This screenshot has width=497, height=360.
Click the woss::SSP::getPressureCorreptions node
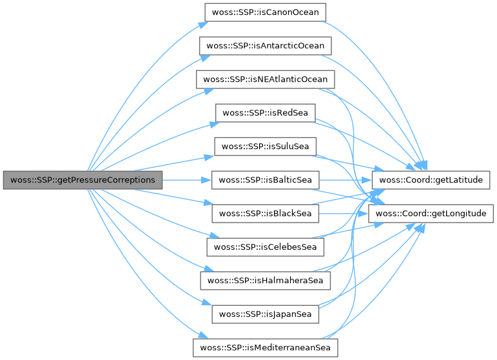pos(83,180)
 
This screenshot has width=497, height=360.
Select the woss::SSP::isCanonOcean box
pos(266,12)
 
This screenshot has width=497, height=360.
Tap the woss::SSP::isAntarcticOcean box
pos(266,46)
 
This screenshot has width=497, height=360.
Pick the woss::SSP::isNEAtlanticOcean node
pos(266,79)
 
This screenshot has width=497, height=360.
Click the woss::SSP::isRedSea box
pos(266,113)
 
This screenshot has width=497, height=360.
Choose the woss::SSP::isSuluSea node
pos(266,146)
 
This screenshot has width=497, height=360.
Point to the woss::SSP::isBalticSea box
pos(266,180)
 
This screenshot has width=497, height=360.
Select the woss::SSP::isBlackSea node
pos(266,214)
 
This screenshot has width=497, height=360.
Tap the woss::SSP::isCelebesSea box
pos(266,247)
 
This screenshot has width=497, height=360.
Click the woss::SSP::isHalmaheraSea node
pos(266,281)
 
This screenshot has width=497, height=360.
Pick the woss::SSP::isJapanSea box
pos(266,314)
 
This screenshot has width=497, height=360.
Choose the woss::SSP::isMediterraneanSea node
pos(266,348)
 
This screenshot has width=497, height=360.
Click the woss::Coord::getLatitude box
pos(431,180)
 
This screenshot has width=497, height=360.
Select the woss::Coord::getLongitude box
pos(431,214)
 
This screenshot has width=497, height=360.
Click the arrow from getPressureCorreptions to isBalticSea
pos(187,180)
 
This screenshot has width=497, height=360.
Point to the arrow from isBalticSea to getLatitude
pos(346,180)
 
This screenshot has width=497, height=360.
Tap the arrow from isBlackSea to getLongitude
pos(344,214)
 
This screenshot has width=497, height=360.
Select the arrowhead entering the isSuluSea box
pos(210,157)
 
